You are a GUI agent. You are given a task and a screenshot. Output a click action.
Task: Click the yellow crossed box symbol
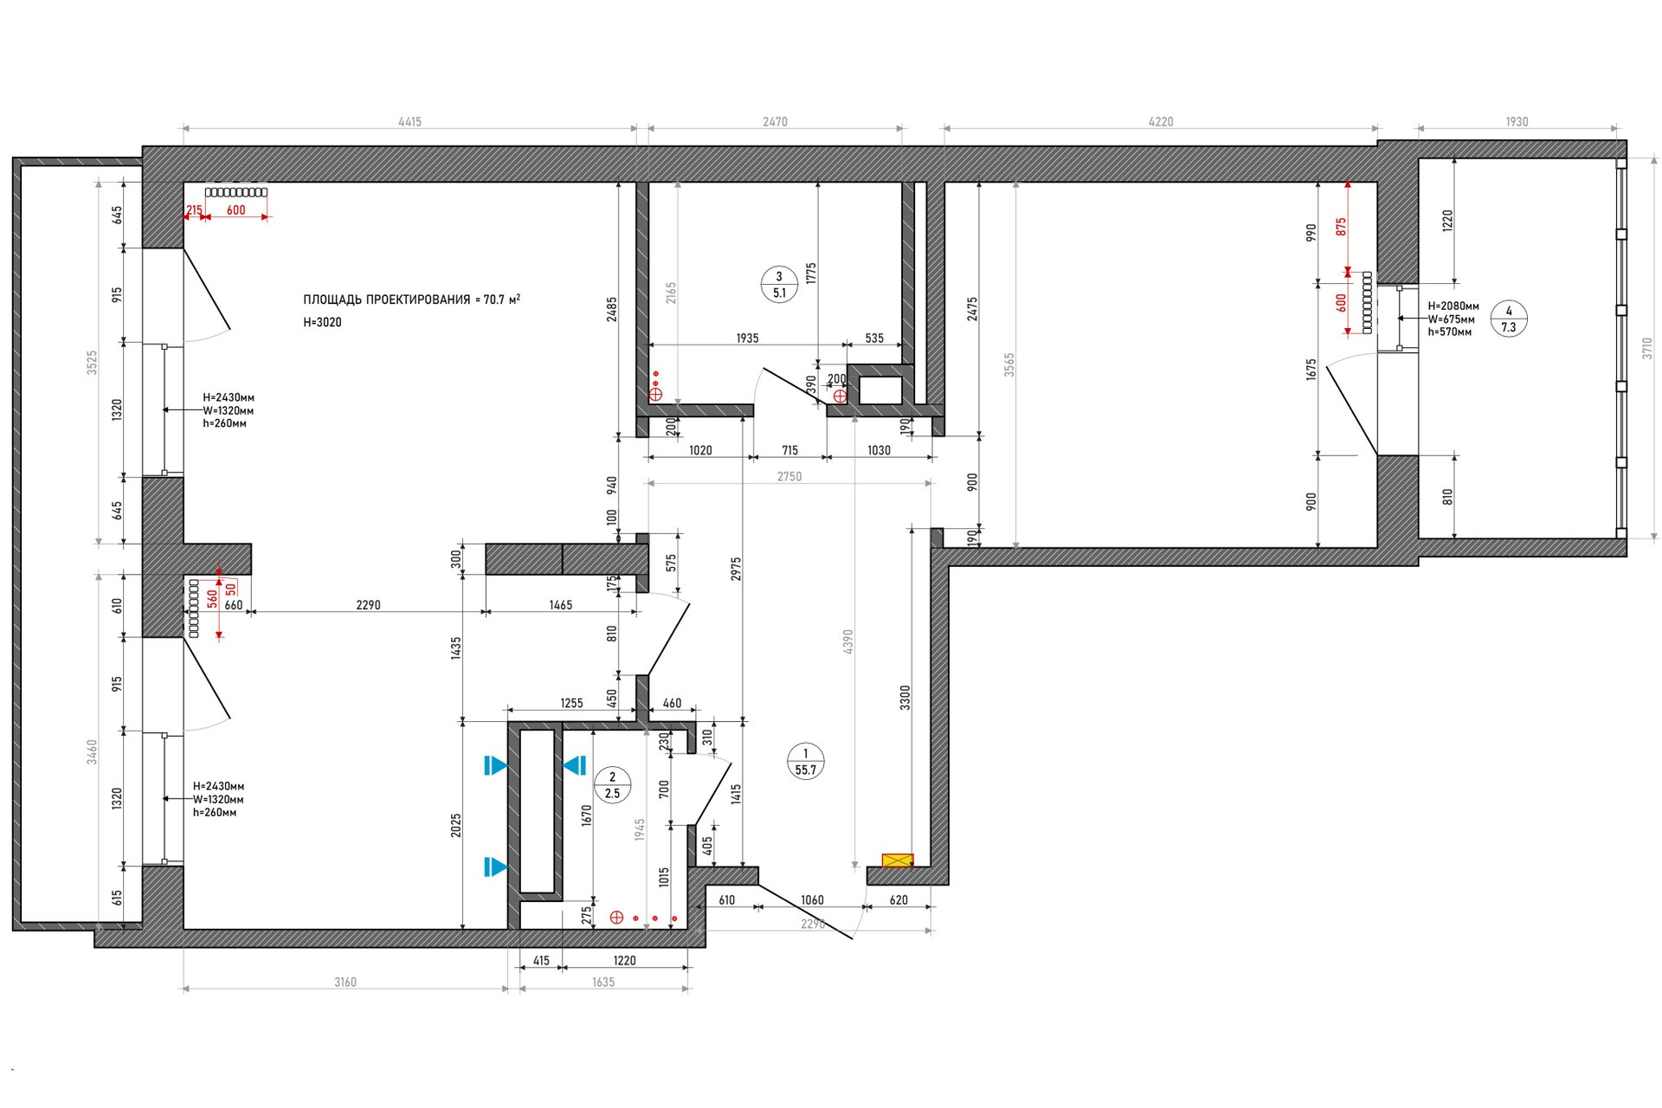[898, 860]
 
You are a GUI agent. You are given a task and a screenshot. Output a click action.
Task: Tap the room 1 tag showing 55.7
[805, 762]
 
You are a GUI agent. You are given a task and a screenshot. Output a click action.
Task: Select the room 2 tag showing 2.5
[612, 785]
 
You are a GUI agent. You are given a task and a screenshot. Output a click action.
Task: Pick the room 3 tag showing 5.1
[779, 285]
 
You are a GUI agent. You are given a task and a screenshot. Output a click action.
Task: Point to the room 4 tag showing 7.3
[1509, 319]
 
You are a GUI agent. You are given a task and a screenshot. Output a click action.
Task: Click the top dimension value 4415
[409, 122]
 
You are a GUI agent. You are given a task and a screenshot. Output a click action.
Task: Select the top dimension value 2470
[775, 122]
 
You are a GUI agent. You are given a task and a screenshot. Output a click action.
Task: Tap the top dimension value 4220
[1161, 122]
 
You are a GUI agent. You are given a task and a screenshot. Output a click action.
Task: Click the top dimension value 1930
[1517, 122]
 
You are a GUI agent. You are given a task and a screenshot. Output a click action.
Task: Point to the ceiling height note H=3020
[322, 322]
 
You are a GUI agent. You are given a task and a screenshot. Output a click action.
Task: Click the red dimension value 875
[1341, 227]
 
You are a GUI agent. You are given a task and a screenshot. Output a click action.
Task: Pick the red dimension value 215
[194, 210]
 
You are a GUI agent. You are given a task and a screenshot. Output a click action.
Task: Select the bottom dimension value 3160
[345, 982]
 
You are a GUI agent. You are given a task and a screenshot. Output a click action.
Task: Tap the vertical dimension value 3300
[905, 698]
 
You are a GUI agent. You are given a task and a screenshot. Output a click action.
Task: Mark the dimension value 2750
[789, 476]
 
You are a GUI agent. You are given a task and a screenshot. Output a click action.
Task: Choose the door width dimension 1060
[812, 900]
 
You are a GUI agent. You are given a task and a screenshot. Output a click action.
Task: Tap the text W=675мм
[1451, 319]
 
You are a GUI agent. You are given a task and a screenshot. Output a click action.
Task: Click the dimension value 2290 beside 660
[368, 605]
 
